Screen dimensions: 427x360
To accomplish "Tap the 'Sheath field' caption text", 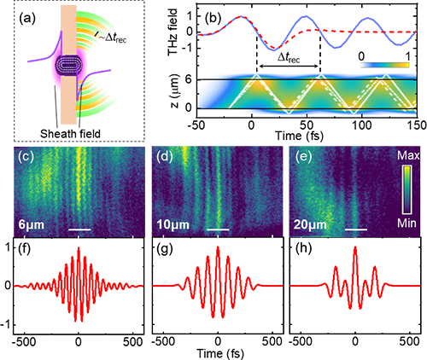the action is point(70,133).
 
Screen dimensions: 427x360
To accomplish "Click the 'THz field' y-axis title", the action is point(173,32).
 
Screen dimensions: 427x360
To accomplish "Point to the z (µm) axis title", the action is point(174,91).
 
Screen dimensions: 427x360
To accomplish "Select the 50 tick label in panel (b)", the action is point(307,125).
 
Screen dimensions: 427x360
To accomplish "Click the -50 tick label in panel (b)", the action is point(196,125).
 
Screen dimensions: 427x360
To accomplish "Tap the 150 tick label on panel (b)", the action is point(418,125).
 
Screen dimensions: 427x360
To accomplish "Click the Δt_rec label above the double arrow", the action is point(289,58).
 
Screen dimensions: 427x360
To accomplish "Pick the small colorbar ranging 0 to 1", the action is point(385,65).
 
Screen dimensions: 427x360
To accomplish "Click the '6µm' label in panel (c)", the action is point(32,225).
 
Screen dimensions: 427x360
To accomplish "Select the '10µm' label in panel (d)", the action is point(173,225).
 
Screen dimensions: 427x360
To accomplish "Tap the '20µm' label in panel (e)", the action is point(310,225).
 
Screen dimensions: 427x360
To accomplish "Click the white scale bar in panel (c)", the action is point(80,229).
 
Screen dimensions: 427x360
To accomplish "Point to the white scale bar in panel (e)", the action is point(356,229).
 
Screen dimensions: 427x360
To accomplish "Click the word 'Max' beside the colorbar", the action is point(408,155).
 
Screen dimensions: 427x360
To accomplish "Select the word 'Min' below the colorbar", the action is point(407,224).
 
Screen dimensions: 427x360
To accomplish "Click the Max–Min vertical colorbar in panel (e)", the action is point(407,189).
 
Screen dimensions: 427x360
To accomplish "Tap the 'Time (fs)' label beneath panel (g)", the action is point(220,353).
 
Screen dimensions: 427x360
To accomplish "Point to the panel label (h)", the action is point(303,249).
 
